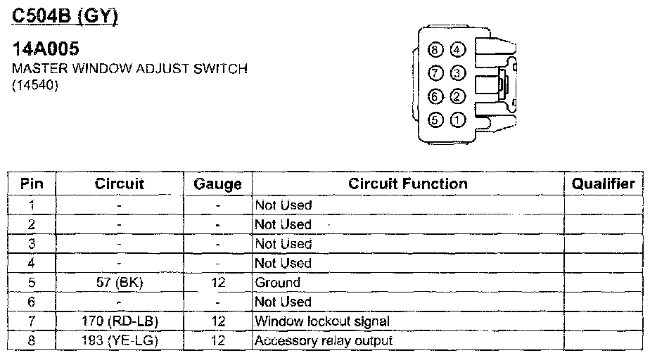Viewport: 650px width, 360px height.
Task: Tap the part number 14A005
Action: pos(46,49)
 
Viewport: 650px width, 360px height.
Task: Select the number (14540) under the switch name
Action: pos(34,86)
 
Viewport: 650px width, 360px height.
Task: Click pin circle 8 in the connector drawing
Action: pos(436,50)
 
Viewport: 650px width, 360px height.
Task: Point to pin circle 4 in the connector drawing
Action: pos(458,50)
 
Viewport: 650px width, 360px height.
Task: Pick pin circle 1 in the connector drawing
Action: pos(458,120)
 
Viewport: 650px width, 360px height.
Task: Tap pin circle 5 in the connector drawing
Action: pos(436,120)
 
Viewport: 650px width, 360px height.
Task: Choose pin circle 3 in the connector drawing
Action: pos(458,73)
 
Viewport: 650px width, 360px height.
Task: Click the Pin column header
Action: pos(32,184)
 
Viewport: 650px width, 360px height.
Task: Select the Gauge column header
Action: pos(218,184)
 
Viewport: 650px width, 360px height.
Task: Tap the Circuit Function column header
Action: pos(408,184)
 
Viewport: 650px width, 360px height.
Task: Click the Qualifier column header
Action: pos(603,184)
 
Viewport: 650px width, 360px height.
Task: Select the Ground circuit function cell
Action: pos(277,283)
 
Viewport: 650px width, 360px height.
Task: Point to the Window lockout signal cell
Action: pos(322,321)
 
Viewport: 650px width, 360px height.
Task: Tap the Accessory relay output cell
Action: pos(324,341)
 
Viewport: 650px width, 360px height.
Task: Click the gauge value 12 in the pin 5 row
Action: pos(218,283)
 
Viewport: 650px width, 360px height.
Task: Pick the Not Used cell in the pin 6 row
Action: pos(283,302)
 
